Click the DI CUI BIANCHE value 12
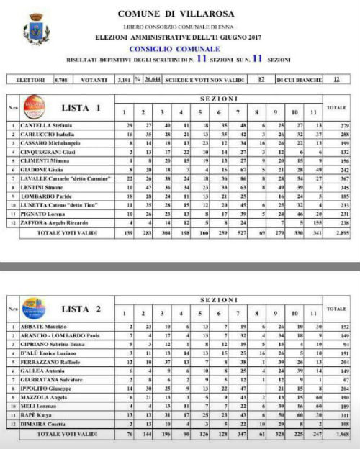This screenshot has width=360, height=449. tap(336, 79)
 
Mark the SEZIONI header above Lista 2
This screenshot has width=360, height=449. tap(226, 299)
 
